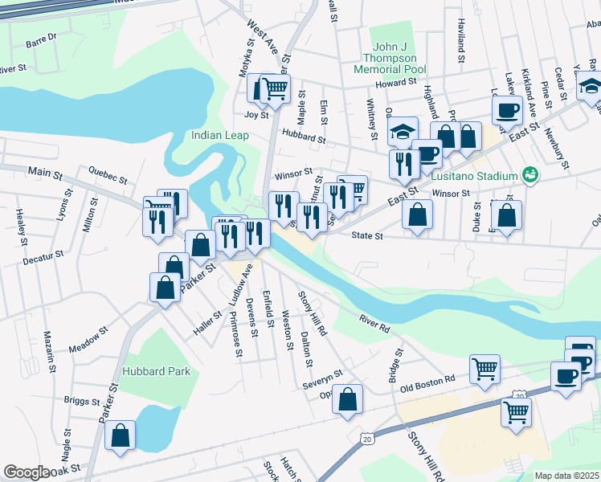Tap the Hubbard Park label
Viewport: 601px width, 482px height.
(157, 371)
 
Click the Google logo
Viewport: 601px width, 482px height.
(27, 472)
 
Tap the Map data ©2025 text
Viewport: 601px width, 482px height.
(566, 476)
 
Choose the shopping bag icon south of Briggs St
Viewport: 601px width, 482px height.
(120, 435)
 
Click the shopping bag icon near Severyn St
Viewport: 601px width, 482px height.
(347, 399)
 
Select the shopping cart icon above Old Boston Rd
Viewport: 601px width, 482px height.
(484, 370)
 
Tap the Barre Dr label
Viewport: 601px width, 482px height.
(42, 37)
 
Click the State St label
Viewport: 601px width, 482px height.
(368, 236)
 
